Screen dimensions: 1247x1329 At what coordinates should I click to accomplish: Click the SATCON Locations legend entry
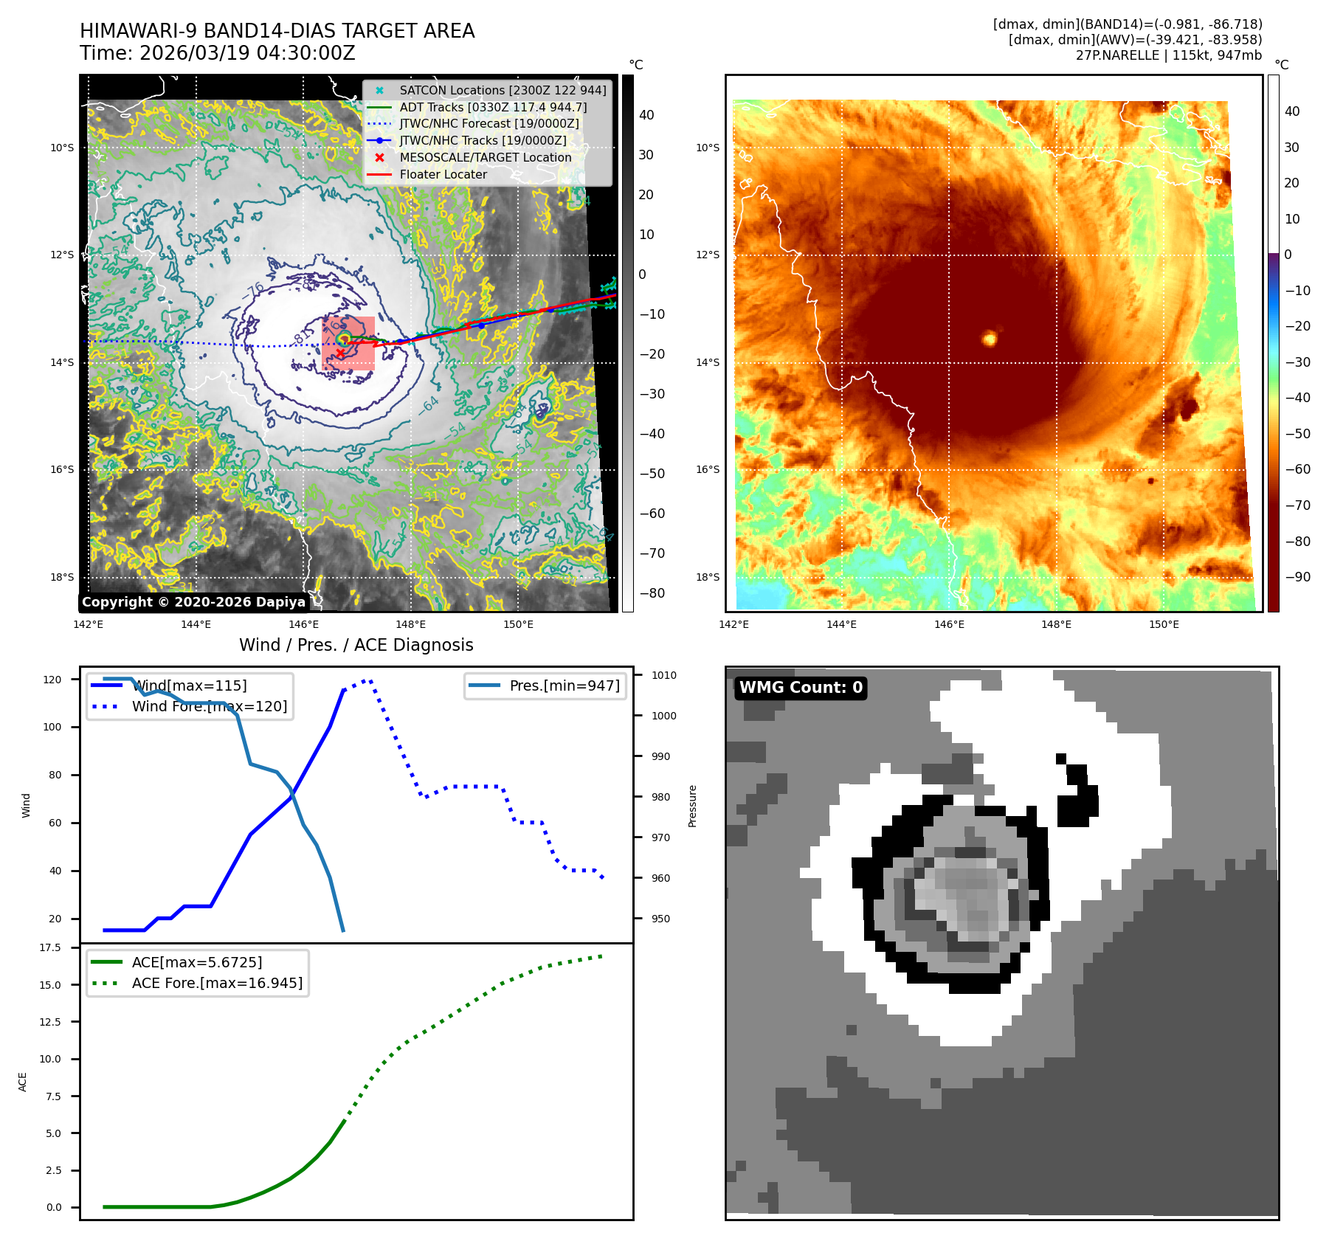(503, 90)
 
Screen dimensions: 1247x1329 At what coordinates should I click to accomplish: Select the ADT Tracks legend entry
(493, 107)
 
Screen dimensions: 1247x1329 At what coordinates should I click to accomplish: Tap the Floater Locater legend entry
(443, 175)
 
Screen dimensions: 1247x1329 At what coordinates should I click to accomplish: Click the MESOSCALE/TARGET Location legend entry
(485, 158)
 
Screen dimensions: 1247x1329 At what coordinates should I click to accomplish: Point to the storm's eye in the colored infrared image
(990, 339)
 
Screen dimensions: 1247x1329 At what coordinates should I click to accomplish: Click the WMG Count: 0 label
(801, 688)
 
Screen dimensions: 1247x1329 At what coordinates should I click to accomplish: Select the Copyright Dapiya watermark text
(193, 602)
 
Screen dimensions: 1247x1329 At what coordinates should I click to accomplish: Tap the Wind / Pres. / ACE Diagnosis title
(356, 645)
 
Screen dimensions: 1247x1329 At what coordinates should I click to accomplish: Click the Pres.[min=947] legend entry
(565, 685)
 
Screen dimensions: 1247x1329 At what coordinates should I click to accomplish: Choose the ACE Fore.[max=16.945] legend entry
(217, 983)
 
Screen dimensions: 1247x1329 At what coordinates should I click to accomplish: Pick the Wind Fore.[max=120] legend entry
(210, 706)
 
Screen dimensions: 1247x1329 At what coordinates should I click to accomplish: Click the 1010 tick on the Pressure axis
(663, 675)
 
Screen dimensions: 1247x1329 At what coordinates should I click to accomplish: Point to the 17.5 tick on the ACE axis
(50, 947)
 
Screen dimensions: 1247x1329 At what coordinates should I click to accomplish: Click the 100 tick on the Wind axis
(52, 727)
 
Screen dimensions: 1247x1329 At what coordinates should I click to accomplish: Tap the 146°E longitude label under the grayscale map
(303, 624)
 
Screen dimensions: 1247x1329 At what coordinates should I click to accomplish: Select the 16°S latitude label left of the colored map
(707, 469)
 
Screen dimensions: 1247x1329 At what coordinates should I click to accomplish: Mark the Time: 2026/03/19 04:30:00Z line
(218, 54)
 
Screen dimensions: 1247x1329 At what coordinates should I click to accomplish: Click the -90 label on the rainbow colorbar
(1297, 577)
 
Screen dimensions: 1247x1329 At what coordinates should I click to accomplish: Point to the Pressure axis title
(692, 806)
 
